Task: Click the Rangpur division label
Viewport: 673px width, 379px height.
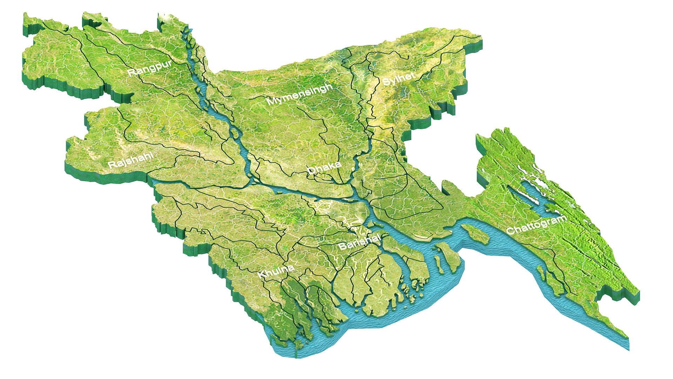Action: pos(150,68)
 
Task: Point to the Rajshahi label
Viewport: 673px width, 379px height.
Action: pos(130,160)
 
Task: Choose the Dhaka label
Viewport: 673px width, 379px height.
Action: pos(324,168)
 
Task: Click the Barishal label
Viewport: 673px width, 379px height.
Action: pos(360,241)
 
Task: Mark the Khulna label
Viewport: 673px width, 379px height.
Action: pos(276,271)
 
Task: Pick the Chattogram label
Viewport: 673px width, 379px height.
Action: pos(536,225)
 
